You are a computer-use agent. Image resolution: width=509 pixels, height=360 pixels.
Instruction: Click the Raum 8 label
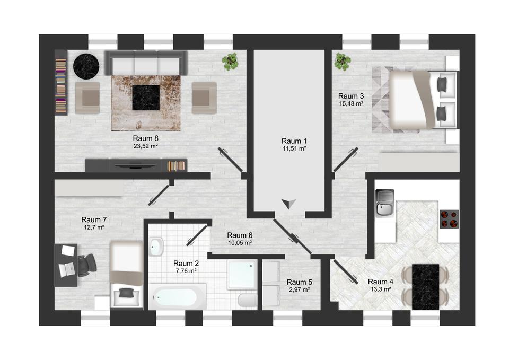[145, 138]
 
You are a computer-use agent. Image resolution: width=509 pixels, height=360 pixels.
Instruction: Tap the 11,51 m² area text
[294, 148]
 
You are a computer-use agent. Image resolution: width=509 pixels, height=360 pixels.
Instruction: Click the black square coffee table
[146, 98]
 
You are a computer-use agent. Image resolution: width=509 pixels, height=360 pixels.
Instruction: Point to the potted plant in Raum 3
[343, 62]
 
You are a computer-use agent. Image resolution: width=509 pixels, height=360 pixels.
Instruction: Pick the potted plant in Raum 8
[230, 62]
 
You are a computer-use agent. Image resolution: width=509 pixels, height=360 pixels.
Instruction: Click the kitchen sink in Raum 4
[385, 203]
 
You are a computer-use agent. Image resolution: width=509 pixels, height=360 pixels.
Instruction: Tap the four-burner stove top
[449, 219]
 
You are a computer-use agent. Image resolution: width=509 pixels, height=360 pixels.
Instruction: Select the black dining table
[426, 287]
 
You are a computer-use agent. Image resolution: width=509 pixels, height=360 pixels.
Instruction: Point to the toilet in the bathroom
[248, 300]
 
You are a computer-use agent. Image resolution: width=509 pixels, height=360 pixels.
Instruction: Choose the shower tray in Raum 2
[242, 275]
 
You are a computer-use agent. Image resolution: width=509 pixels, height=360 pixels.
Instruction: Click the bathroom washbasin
[156, 247]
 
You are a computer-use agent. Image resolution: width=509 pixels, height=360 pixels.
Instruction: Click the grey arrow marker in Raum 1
[288, 204]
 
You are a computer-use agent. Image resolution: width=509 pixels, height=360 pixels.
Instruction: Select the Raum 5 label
[299, 282]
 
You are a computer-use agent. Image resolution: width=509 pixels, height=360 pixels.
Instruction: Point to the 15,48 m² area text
[351, 104]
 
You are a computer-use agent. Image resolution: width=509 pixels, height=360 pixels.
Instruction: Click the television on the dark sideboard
[135, 166]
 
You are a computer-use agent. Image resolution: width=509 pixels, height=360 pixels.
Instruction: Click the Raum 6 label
[240, 235]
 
